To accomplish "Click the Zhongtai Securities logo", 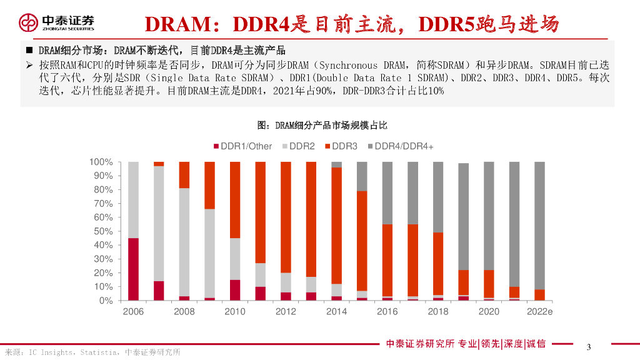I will pos(56,22).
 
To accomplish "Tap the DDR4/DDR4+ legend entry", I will pos(399,146).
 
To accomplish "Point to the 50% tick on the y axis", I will pos(102,231).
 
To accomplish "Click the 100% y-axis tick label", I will pos(100,162).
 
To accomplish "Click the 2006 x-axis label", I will pos(133,311).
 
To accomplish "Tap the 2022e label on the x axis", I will pos(540,311).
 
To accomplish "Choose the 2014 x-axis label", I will pos(336,311).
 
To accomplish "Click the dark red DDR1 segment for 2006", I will pos(133,269).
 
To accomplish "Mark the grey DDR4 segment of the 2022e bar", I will pos(540,225).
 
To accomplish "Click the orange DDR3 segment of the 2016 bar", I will pos(387,260).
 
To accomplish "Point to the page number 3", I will pos(589,347).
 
